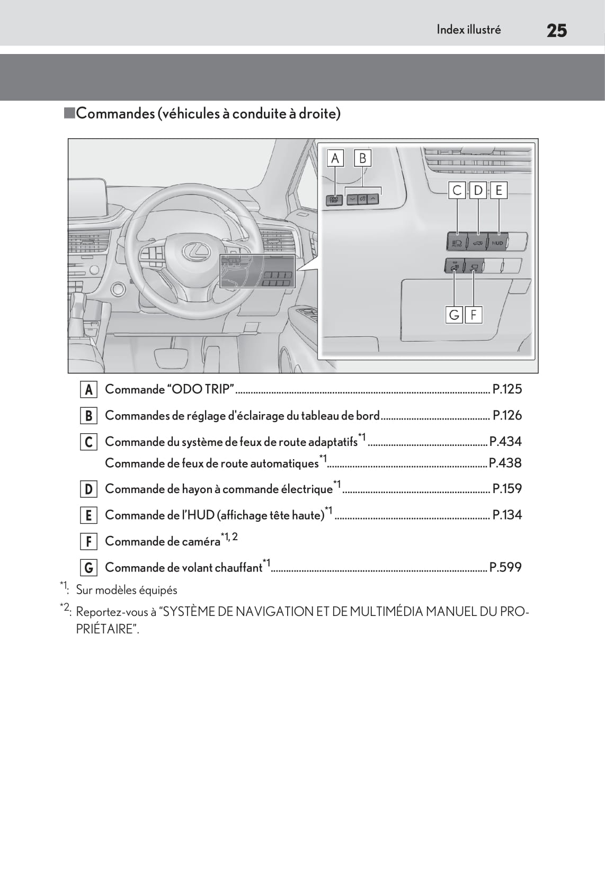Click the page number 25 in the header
(556, 31)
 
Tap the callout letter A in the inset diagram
(335, 158)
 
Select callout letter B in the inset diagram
(363, 158)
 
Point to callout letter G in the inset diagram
(454, 315)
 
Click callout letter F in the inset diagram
(473, 315)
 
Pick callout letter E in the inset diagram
(499, 190)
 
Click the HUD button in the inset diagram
(497, 243)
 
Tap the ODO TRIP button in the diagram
(334, 200)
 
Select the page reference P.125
(507, 389)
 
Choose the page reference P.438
(505, 463)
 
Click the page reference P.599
(505, 567)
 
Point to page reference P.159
(507, 488)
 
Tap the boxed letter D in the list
(88, 489)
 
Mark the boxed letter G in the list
(88, 568)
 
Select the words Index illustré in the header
(468, 30)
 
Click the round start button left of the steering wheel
(118, 289)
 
